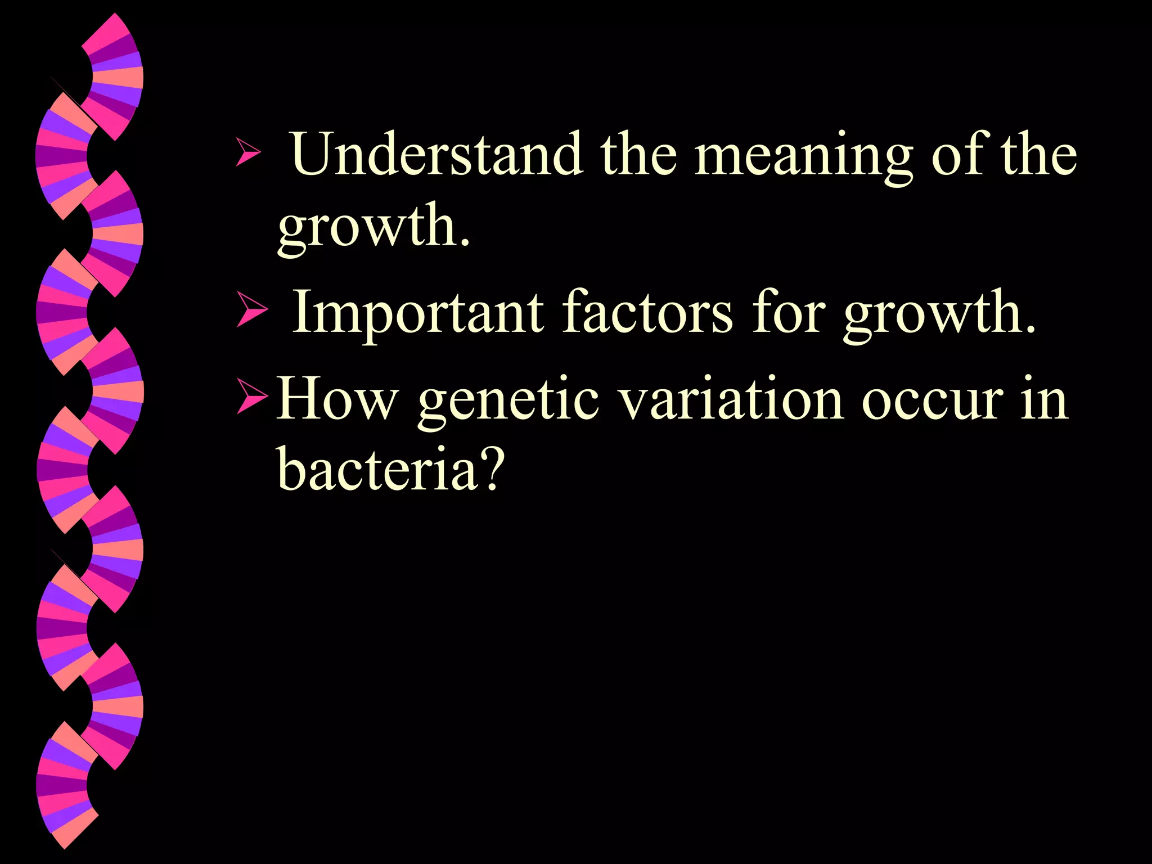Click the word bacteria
click(377, 469)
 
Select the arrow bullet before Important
click(251, 309)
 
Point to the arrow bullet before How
click(253, 397)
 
